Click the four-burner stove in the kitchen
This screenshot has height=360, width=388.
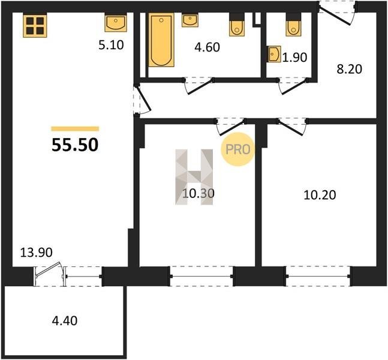tap(35, 26)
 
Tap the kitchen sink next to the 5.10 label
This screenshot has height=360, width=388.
tap(116, 23)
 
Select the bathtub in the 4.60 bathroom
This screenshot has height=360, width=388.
tap(161, 40)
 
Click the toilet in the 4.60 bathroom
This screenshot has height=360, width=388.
tap(237, 25)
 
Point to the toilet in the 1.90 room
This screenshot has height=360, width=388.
tap(294, 25)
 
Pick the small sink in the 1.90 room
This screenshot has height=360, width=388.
tap(273, 54)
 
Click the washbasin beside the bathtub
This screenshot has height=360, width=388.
tap(190, 20)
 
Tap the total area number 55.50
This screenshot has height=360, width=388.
tap(75, 145)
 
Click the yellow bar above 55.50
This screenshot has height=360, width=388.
tap(75, 128)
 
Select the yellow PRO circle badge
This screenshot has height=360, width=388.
tap(237, 149)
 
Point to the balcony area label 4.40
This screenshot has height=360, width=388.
tap(65, 320)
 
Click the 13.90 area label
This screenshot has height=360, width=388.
tap(36, 253)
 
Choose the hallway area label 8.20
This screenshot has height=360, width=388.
tap(349, 69)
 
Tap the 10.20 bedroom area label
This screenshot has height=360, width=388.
tap(320, 195)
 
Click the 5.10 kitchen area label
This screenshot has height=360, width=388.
tap(111, 46)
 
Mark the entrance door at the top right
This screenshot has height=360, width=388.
tap(337, 13)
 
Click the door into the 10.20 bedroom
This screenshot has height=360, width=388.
tap(291, 127)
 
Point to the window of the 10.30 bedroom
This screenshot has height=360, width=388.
tap(201, 277)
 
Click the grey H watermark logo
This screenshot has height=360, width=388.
tap(194, 177)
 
